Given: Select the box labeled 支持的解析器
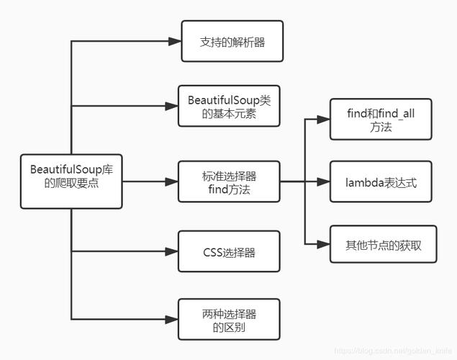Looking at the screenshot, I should click(x=231, y=42).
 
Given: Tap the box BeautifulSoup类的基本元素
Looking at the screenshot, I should click(x=229, y=107).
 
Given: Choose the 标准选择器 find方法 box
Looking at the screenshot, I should click(x=229, y=181).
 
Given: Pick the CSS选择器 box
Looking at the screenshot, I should click(x=229, y=252).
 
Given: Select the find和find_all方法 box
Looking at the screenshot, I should click(x=380, y=119).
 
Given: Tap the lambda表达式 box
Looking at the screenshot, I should click(x=380, y=181).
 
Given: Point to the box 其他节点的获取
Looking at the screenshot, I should click(x=383, y=244).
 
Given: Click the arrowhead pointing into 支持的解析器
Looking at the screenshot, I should click(x=173, y=42).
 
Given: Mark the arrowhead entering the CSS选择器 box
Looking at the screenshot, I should click(x=171, y=252).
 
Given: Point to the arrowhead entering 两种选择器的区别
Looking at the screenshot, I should click(x=171, y=319).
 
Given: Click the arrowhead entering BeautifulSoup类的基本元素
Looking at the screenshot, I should click(x=171, y=107).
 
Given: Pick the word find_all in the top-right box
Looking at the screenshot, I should click(x=394, y=112).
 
